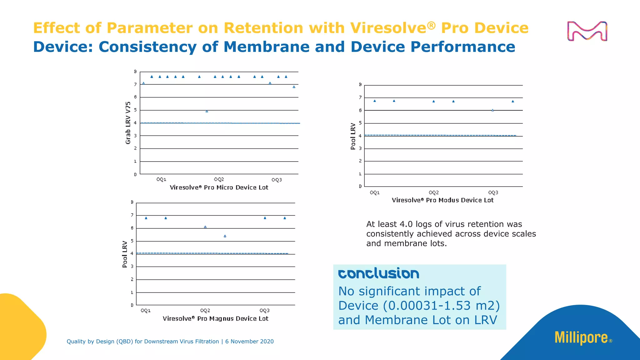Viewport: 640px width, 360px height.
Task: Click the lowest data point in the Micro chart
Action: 207,111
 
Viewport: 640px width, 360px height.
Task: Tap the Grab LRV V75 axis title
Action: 128,123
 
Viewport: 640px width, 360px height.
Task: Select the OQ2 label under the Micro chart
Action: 219,179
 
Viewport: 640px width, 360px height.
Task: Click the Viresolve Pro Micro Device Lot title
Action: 219,187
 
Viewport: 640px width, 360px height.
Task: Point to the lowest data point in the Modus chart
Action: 492,110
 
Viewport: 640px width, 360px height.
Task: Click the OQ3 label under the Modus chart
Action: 493,192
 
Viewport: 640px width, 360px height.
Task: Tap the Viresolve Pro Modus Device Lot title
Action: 442,200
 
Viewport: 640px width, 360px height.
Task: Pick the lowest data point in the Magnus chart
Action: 225,236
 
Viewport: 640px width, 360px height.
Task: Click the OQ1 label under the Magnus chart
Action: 146,311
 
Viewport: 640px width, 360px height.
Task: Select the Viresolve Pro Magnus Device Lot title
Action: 215,319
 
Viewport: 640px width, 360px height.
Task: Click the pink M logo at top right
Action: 587,31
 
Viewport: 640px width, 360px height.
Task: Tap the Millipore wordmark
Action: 581,338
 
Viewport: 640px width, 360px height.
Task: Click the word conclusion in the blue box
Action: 378,274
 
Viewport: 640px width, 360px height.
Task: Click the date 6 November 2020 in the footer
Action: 249,342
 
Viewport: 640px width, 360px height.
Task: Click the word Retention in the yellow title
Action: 263,28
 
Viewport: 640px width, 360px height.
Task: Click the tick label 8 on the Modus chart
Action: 360,85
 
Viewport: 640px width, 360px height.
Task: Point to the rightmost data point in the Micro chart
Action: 294,87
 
